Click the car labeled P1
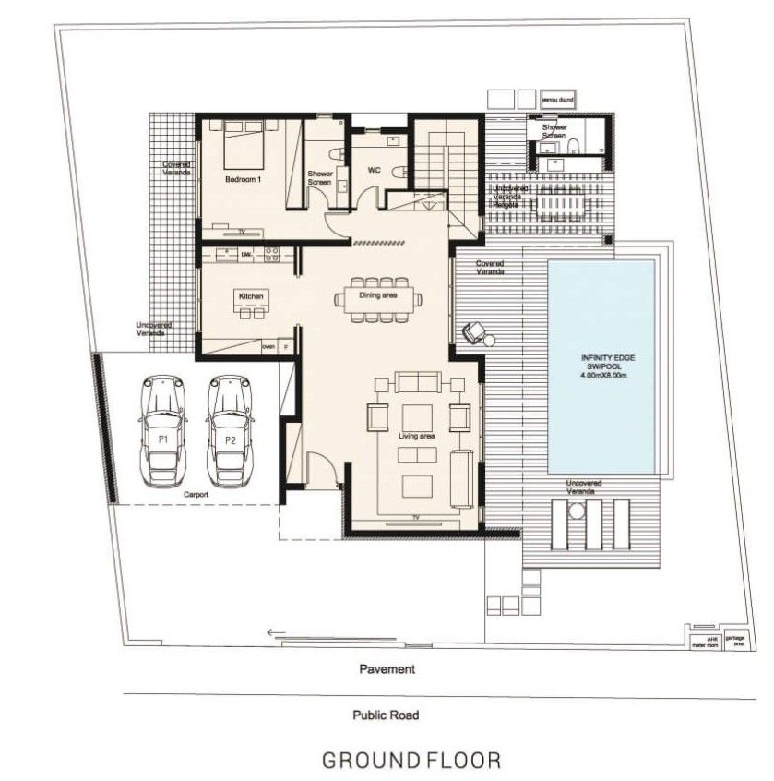162,430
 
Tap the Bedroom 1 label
244,180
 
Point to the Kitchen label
252,295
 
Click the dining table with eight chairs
378,298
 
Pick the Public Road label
386,715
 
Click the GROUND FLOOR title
411,761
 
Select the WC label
375,171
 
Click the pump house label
558,97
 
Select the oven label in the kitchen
269,346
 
